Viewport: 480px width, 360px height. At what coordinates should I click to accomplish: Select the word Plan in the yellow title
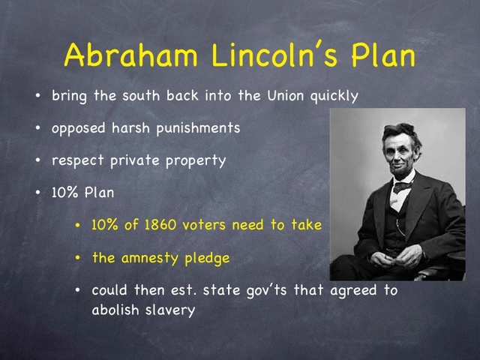(x=382, y=56)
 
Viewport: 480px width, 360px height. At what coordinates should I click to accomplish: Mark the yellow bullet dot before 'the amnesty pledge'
(x=79, y=258)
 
